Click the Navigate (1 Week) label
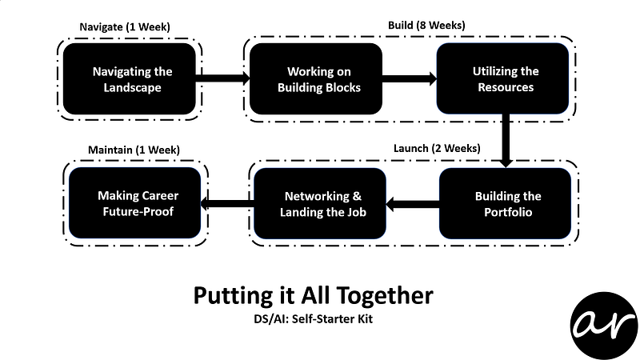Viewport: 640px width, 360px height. coord(125,26)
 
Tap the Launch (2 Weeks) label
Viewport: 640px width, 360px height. coord(437,149)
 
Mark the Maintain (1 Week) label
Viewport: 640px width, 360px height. coord(133,150)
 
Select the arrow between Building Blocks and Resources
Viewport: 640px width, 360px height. coord(409,78)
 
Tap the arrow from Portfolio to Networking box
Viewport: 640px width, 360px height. coord(413,204)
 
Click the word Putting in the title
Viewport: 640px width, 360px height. coord(226,296)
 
